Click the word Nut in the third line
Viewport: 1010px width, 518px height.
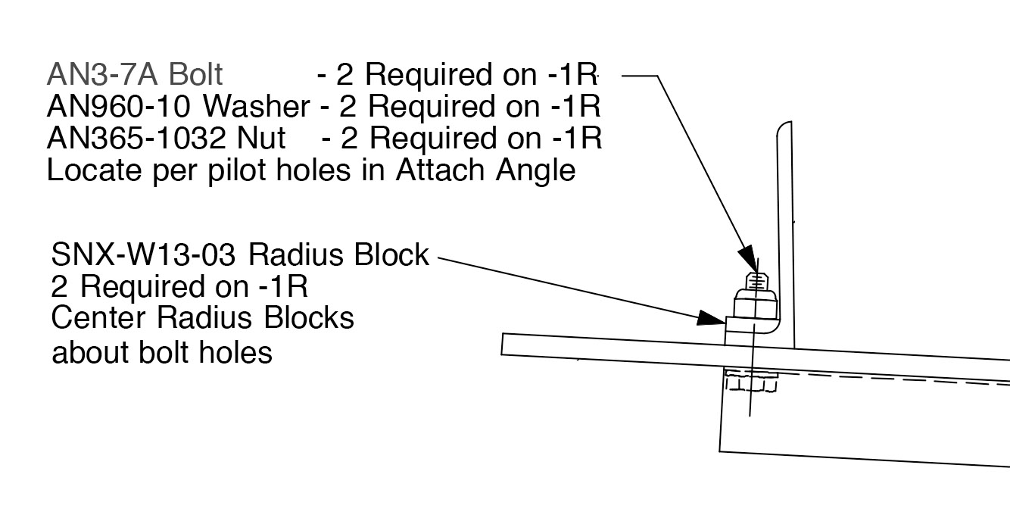coord(260,139)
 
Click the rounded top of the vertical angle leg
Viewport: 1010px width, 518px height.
coord(784,127)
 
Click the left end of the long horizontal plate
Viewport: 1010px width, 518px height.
coord(505,343)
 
